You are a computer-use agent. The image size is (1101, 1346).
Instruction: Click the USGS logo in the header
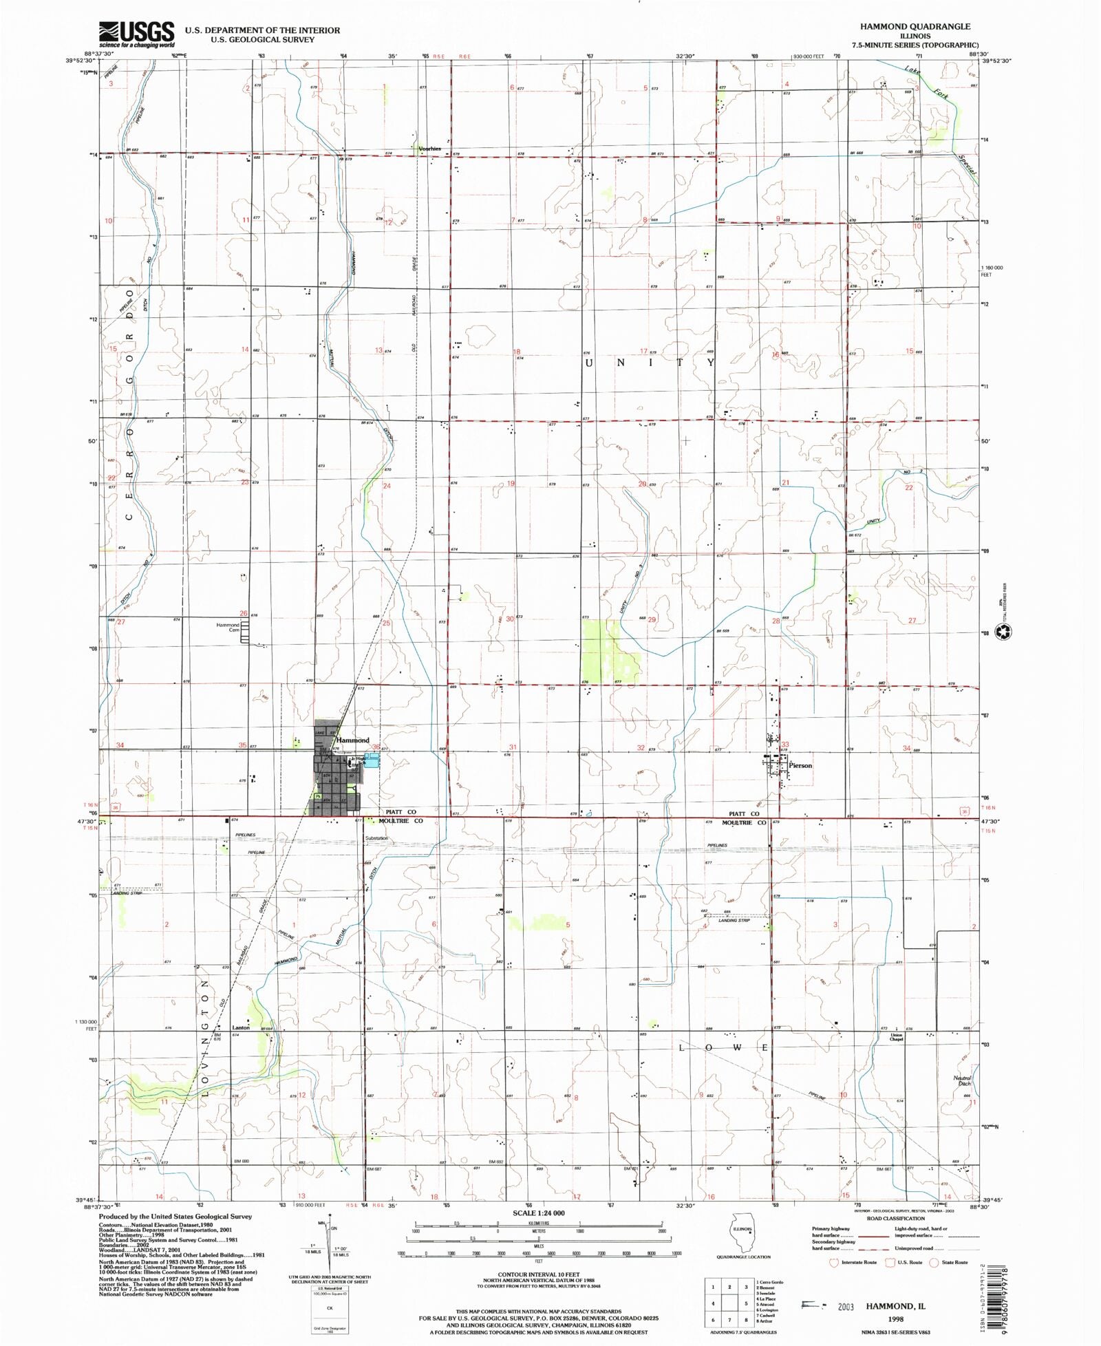pos(137,34)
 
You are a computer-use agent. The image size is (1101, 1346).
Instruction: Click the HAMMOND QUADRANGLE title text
pos(915,26)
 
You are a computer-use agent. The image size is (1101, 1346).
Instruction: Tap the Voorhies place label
pos(429,149)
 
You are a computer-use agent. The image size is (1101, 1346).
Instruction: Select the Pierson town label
pos(800,765)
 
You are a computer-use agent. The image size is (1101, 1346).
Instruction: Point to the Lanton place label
pos(241,1027)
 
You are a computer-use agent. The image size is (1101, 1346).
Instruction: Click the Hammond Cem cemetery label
pos(228,628)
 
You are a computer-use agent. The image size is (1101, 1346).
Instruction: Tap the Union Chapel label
pos(896,1037)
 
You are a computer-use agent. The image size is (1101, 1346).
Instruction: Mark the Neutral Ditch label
pos(962,1080)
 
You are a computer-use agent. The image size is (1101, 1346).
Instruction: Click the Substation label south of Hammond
pos(376,838)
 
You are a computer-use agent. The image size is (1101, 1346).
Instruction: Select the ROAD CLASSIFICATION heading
pos(895,1218)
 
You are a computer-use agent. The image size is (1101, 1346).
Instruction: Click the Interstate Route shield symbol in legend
pos(835,1263)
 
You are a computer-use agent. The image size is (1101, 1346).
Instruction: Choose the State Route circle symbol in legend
pos(934,1263)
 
